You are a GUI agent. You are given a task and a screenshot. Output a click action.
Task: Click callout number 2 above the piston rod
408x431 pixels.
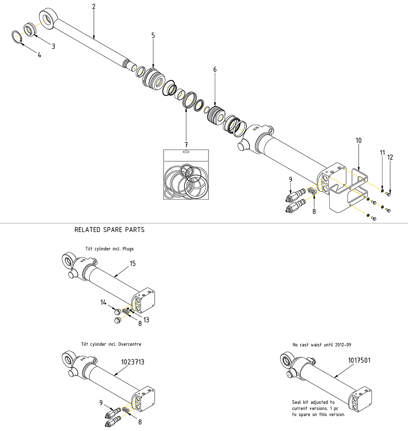[x=94, y=7]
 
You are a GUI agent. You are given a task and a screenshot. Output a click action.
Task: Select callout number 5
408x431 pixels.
[x=153, y=36]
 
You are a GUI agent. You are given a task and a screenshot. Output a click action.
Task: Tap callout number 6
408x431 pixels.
[x=215, y=69]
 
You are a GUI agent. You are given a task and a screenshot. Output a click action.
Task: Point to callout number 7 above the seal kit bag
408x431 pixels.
[x=186, y=144]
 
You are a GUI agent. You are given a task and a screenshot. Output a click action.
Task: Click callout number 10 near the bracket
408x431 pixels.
[x=358, y=141]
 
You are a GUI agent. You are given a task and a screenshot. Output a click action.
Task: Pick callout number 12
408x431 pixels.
[x=390, y=157]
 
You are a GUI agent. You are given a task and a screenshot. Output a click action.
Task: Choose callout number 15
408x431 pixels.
[x=132, y=264]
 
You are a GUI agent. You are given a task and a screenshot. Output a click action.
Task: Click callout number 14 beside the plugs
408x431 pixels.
[x=103, y=303]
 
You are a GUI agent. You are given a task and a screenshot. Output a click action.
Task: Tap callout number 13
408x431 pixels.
[x=146, y=320]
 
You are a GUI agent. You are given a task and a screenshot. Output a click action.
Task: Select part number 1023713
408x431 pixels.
[x=133, y=362]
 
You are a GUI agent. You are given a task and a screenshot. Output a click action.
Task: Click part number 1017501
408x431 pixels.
[x=359, y=360]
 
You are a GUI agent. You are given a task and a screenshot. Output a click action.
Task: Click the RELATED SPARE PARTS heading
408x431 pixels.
[x=109, y=230]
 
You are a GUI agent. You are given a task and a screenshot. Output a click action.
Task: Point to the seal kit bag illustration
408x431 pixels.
[x=186, y=175]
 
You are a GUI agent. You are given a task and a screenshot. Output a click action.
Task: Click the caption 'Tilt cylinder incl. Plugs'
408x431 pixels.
[x=109, y=249]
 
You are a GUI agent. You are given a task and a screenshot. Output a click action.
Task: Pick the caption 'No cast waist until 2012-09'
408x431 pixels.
[x=322, y=345]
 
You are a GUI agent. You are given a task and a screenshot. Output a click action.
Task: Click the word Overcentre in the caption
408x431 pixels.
[x=129, y=344]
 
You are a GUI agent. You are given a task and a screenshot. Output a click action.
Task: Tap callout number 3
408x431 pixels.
[x=53, y=46]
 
